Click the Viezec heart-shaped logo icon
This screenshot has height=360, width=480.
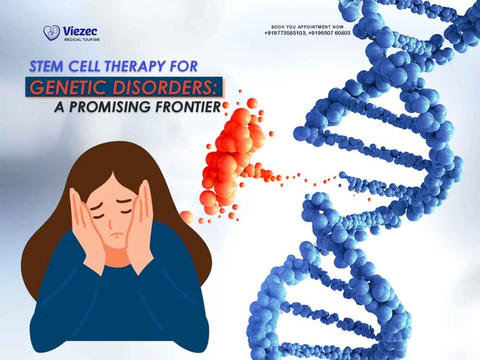pos(51,32)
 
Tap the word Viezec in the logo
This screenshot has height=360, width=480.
pos(81,31)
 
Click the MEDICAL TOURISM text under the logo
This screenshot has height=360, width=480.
pos(81,40)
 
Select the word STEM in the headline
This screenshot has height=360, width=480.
pos(45,67)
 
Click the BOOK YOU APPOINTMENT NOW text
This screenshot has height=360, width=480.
pos(307,27)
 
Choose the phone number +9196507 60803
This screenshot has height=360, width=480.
pos(330,33)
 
